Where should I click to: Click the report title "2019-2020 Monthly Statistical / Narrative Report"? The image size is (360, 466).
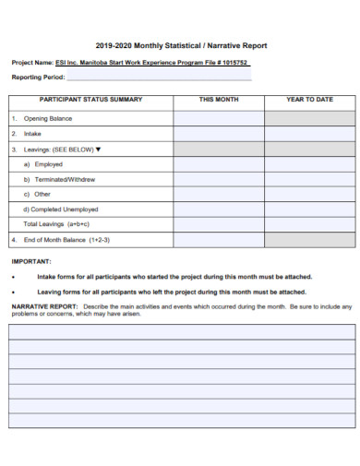click(x=181, y=44)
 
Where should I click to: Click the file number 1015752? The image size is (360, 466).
click(x=232, y=63)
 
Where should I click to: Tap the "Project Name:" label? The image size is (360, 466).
click(x=31, y=63)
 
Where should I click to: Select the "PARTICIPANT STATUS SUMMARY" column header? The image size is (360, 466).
click(x=90, y=99)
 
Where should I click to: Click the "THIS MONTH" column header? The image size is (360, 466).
click(x=219, y=99)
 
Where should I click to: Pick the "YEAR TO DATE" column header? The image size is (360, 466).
click(x=309, y=99)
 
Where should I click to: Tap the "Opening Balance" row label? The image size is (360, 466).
click(x=48, y=118)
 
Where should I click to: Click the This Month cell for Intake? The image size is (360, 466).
click(x=219, y=133)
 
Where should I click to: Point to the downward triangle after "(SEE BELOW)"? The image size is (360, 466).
click(x=98, y=149)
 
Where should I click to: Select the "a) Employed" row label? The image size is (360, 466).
click(x=43, y=163)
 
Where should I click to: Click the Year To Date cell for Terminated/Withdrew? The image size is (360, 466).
click(x=309, y=178)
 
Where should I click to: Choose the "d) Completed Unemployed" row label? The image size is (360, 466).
click(x=61, y=209)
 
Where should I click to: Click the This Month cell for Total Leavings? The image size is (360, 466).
click(x=219, y=223)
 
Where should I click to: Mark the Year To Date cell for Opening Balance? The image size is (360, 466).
click(x=309, y=118)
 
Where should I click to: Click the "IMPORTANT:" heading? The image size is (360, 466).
click(x=31, y=261)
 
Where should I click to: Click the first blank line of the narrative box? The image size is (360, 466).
click(x=181, y=331)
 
